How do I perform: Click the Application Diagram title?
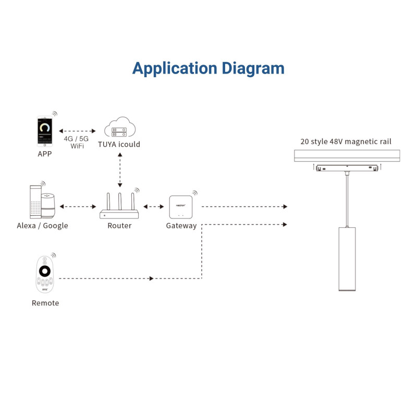(208, 68)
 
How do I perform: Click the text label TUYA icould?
(119, 144)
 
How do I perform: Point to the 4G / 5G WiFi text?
(76, 142)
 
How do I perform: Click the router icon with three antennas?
(120, 207)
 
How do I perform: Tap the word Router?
(119, 226)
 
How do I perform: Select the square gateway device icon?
(181, 207)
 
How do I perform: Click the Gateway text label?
(181, 226)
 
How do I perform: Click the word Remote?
(45, 303)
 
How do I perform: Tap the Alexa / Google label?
(42, 226)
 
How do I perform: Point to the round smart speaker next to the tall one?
(48, 207)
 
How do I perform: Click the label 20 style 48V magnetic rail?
(346, 141)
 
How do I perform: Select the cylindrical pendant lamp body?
(346, 259)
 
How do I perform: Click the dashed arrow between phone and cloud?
(77, 131)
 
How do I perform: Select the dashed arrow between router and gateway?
(153, 207)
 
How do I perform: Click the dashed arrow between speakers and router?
(78, 207)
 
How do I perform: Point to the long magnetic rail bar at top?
(346, 155)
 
